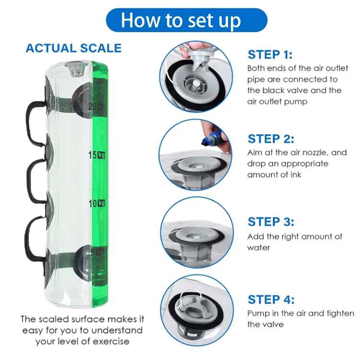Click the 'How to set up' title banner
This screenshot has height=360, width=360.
[186, 20]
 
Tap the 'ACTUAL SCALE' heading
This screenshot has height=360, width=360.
[73, 48]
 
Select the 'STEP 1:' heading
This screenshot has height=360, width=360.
[270, 55]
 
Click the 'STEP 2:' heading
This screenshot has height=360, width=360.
[271, 139]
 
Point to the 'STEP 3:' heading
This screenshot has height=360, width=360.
[271, 222]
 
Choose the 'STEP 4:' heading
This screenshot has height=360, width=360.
[271, 300]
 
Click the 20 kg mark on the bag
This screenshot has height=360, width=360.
[96, 107]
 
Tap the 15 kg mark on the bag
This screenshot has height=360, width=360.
[96, 155]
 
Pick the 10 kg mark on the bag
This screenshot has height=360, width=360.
[96, 204]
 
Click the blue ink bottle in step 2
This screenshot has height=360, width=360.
[212, 138]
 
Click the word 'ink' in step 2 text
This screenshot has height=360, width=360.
[296, 175]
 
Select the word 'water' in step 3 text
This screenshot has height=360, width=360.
[259, 248]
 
